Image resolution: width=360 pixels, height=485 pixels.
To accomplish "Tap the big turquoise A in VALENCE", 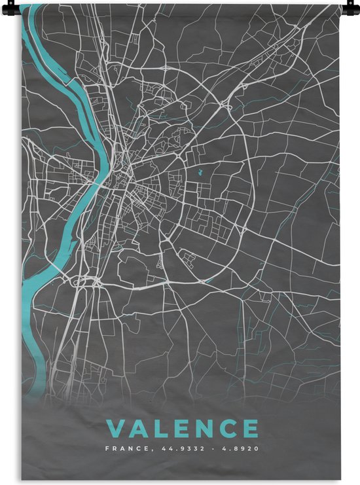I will pos(138,429).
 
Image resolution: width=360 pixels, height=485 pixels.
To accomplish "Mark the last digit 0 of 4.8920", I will pos(255,449).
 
